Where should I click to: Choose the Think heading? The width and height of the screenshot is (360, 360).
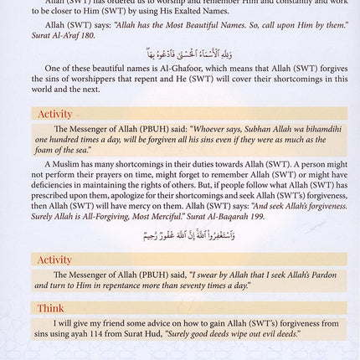click(50, 308)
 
